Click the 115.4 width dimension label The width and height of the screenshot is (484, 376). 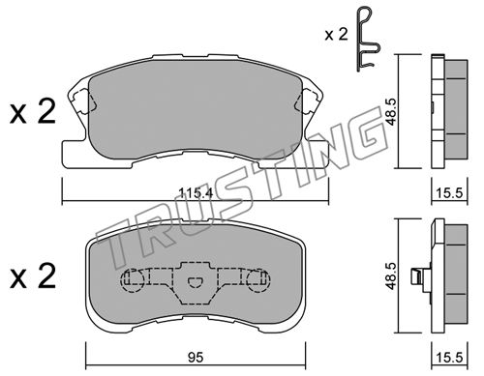tap(196, 193)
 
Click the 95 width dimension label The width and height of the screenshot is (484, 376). tap(196, 358)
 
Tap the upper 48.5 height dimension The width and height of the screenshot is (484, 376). tap(392, 112)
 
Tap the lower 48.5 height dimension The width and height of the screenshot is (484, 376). tap(392, 275)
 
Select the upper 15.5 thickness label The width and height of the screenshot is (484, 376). tap(449, 193)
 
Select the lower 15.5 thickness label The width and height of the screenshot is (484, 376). tap(449, 358)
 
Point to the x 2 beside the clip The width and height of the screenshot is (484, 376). tap(337, 34)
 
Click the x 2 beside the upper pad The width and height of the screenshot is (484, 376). tap(33, 111)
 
